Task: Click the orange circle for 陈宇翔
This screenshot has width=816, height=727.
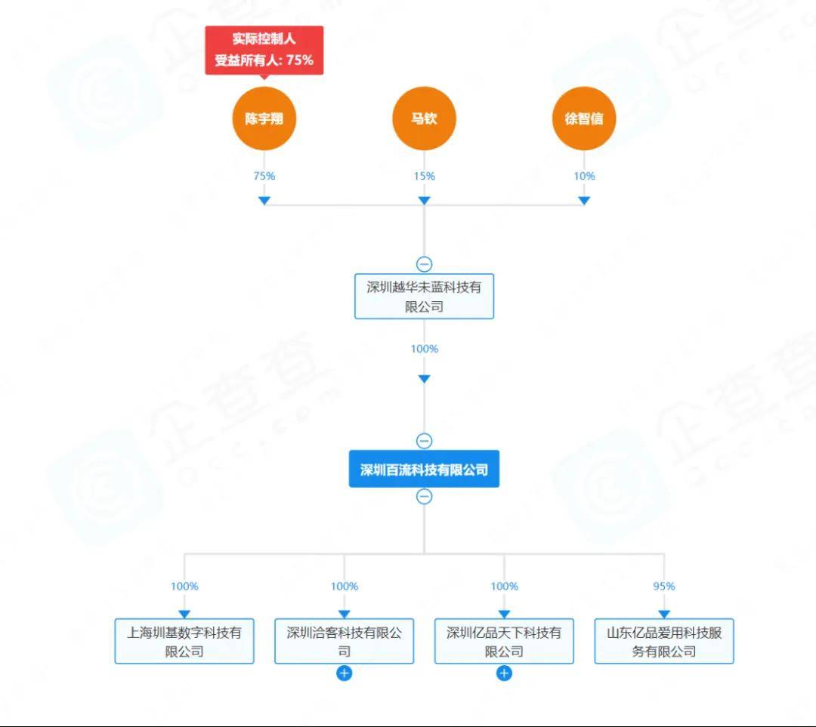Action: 264,119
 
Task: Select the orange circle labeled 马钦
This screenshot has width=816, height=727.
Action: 424,119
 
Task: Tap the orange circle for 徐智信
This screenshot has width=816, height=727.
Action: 584,119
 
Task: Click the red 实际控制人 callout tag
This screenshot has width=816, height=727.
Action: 264,50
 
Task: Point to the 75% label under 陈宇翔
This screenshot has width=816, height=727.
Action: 264,176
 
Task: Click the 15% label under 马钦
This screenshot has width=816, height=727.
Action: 424,176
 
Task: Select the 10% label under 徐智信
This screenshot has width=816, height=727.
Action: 584,176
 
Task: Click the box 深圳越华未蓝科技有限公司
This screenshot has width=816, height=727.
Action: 424,296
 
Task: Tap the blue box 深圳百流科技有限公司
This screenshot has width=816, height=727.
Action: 424,470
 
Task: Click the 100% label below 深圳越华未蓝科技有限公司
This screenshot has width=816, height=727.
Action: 424,349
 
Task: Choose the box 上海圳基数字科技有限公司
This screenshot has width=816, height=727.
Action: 184,641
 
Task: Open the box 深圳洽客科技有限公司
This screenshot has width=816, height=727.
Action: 344,641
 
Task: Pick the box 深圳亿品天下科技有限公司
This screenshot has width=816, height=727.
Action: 504,641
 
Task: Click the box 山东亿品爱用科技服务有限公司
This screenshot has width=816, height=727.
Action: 664,641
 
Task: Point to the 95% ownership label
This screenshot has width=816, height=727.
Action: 664,586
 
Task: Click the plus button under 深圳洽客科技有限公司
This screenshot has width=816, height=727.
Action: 344,673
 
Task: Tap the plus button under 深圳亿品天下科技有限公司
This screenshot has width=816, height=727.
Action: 504,673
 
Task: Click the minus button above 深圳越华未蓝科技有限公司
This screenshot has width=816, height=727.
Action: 424,264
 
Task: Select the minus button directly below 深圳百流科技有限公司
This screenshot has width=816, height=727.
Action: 424,497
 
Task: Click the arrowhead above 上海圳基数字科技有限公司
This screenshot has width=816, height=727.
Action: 184,615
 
